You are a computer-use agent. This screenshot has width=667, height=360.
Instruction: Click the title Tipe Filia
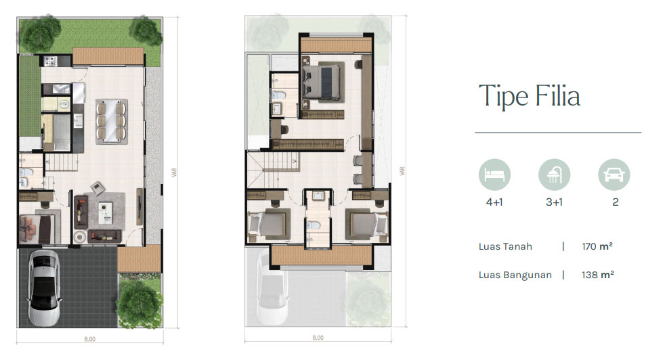tap(529, 96)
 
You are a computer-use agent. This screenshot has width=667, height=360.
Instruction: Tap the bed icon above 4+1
tap(494, 175)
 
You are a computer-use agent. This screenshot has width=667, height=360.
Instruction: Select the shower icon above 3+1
tap(554, 175)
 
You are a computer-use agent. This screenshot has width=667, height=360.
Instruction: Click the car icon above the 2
tap(614, 175)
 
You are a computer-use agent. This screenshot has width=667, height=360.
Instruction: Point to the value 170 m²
tap(597, 246)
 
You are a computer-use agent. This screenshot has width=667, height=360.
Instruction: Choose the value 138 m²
tap(598, 275)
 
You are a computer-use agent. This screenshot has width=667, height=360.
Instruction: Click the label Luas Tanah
tap(505, 246)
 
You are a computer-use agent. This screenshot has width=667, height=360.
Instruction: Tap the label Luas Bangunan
tap(515, 275)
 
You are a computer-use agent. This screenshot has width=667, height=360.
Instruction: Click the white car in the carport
tap(44, 288)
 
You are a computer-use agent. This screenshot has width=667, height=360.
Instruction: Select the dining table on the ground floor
tap(112, 120)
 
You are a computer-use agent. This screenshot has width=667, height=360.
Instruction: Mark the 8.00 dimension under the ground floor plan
tap(90, 339)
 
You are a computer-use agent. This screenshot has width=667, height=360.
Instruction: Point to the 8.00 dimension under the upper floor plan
tap(318, 338)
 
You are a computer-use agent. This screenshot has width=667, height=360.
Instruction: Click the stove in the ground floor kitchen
tap(51, 61)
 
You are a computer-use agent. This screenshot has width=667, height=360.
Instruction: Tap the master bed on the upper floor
tap(322, 82)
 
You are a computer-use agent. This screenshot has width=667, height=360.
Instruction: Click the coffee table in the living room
tap(105, 212)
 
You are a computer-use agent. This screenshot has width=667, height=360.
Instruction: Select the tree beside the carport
tap(139, 305)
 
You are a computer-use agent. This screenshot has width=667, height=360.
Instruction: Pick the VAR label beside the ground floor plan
tap(174, 172)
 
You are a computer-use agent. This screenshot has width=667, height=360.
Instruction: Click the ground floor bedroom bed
tap(37, 229)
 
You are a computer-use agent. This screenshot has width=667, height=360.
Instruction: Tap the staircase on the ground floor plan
tap(62, 162)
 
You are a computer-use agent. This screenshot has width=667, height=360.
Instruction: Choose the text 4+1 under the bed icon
tap(494, 202)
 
